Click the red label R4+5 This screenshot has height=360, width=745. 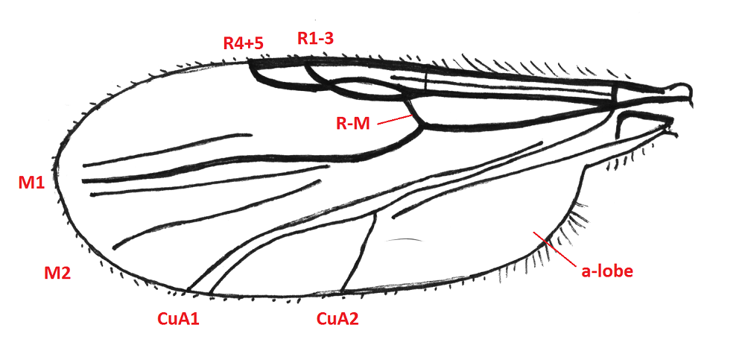(244, 44)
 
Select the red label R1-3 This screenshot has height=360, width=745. (315, 38)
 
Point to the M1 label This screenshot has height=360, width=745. (31, 183)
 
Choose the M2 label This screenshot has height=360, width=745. (57, 273)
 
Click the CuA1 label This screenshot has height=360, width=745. (178, 318)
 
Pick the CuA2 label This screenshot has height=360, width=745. (337, 318)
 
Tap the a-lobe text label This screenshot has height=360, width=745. (607, 271)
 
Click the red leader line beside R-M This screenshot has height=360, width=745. (394, 119)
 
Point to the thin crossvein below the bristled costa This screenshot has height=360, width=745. (426, 80)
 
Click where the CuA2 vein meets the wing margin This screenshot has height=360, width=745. (342, 291)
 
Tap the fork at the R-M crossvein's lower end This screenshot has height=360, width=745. (422, 125)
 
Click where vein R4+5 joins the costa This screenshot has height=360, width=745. (250, 62)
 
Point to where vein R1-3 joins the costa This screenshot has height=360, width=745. (306, 63)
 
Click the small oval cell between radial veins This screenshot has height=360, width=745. (366, 89)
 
